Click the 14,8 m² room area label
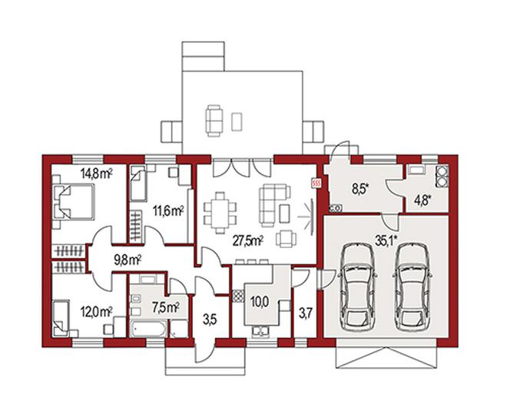(x=96, y=174)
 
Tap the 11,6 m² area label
(x=168, y=211)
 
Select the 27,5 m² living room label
(x=248, y=241)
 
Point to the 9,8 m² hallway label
(x=128, y=260)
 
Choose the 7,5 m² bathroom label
(x=166, y=307)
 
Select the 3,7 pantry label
(x=305, y=314)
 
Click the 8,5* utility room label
(x=360, y=190)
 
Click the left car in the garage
(x=357, y=287)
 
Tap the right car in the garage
(x=413, y=287)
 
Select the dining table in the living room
(x=220, y=213)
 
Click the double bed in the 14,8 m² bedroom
(x=75, y=201)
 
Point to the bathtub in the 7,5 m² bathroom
(x=149, y=329)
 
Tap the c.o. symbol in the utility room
(x=335, y=209)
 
